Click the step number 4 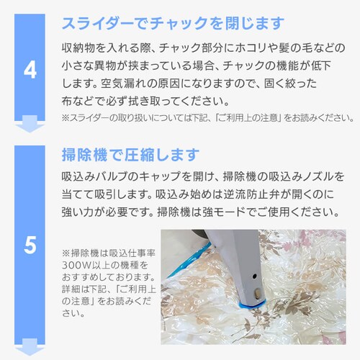[30, 71]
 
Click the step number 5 [30, 245]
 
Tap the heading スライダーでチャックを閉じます [173, 24]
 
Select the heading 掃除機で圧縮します [130, 155]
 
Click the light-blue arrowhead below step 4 [30, 124]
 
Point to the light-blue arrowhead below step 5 [30, 347]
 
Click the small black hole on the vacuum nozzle [255, 276]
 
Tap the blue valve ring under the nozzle [251, 305]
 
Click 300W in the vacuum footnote [76, 265]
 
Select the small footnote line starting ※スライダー [208, 118]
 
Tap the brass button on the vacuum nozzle [258, 293]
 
